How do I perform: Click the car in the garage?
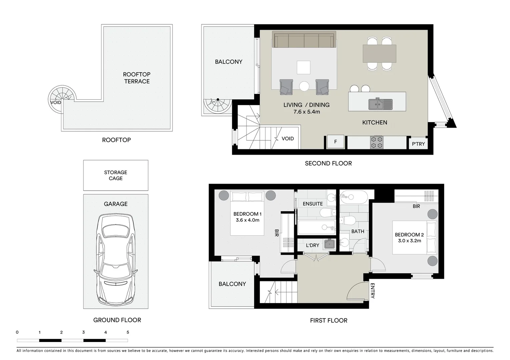point(115,260)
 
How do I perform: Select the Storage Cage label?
point(115,175)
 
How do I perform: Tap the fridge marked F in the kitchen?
point(335,142)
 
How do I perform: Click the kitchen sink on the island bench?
point(380,104)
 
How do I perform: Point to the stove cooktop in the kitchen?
point(377,142)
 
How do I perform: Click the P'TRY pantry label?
point(418,144)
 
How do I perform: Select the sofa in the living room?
point(304,40)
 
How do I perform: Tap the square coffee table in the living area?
point(304,67)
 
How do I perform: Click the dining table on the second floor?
point(379,54)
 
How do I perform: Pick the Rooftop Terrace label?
point(137,78)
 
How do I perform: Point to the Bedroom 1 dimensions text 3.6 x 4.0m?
point(247,220)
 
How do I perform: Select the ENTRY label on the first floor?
point(373,291)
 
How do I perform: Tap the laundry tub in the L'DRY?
point(329,244)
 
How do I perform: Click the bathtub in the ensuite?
point(316,227)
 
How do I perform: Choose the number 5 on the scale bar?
point(128,332)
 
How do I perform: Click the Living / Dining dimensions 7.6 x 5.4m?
point(307,112)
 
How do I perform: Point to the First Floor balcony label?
point(232,284)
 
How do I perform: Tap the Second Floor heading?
point(328,163)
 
